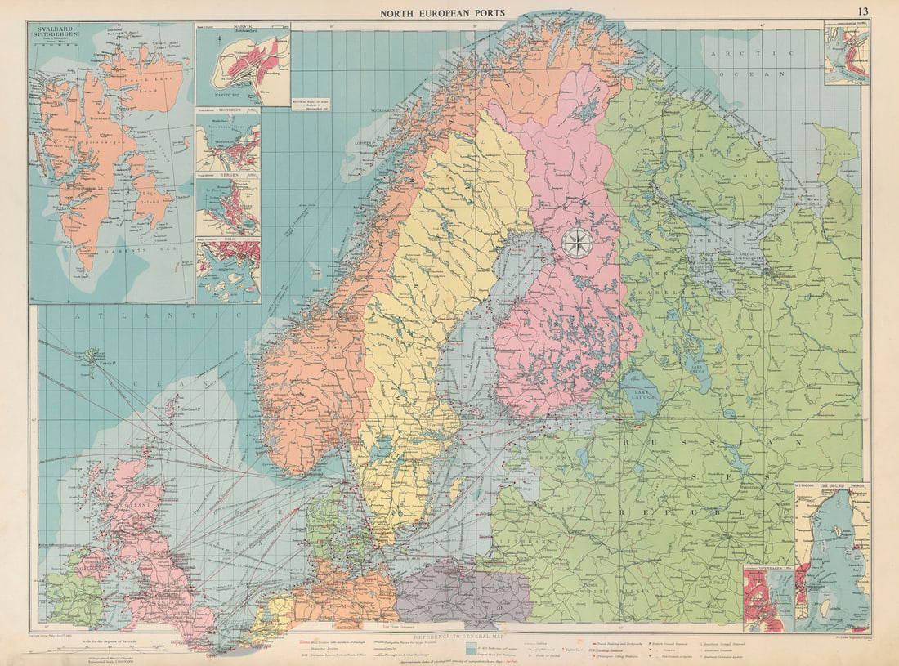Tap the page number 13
(x=863, y=11)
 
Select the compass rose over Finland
(x=578, y=243)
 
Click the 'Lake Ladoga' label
(x=644, y=396)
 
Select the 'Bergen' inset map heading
(x=211, y=176)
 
